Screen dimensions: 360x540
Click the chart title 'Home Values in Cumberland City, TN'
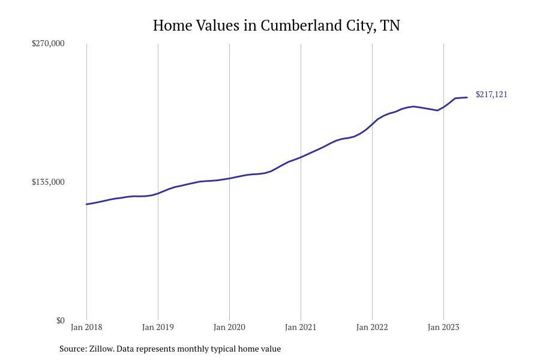(x=276, y=25)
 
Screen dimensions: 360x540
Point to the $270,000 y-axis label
(x=48, y=43)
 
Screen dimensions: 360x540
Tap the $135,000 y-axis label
(x=48, y=182)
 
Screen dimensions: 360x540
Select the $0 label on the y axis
(x=60, y=320)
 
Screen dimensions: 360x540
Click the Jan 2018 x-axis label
(x=86, y=327)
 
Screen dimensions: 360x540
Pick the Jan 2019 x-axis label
(x=158, y=327)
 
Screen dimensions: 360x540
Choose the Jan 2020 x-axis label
(x=229, y=327)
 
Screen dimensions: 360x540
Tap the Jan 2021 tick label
(x=301, y=327)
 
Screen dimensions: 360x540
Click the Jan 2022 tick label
(x=372, y=327)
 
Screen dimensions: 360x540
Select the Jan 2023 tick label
(x=443, y=327)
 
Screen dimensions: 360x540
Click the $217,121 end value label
(x=491, y=94)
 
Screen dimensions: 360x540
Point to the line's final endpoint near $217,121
(x=467, y=97)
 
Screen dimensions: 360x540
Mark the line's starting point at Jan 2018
(x=86, y=204)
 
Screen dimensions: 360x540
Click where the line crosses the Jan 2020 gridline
(x=229, y=178)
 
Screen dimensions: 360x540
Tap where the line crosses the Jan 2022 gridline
(x=372, y=124)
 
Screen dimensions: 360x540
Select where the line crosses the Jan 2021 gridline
(x=301, y=157)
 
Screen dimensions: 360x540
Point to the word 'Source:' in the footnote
(x=73, y=349)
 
